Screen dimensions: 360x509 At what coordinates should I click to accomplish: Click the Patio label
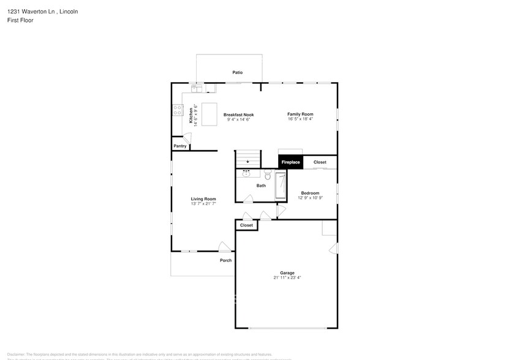click(237, 72)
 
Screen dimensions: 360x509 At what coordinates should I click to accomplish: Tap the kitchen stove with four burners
click(177, 110)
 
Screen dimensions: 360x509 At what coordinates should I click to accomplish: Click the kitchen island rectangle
click(209, 114)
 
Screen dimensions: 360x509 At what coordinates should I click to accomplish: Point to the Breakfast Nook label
click(238, 114)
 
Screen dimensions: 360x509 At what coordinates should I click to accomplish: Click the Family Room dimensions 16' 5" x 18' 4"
click(300, 119)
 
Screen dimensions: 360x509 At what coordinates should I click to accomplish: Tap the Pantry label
click(179, 146)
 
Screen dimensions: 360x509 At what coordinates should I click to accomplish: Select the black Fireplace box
click(290, 162)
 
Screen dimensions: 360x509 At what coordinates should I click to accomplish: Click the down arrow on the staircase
click(248, 162)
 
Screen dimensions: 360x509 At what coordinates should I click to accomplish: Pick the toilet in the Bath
click(268, 174)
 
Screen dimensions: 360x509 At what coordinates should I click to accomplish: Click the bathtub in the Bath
click(281, 186)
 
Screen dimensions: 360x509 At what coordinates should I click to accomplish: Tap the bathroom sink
click(246, 174)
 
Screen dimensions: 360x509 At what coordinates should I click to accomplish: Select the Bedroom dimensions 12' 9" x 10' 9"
click(310, 198)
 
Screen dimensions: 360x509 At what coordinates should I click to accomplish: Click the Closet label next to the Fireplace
click(320, 162)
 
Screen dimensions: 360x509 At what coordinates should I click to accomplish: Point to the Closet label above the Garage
click(246, 225)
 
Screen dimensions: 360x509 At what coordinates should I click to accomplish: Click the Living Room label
click(203, 198)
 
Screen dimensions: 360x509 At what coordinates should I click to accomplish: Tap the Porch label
click(225, 260)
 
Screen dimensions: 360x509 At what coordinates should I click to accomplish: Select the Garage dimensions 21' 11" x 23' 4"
click(287, 278)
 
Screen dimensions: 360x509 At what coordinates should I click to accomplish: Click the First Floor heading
click(21, 20)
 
